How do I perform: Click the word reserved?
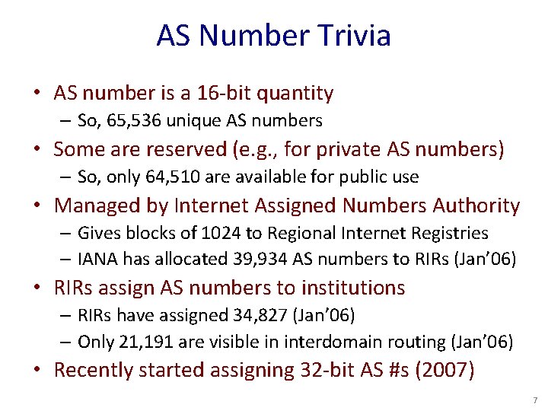(175, 149)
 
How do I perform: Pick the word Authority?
(476, 205)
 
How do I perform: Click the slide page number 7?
(535, 400)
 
